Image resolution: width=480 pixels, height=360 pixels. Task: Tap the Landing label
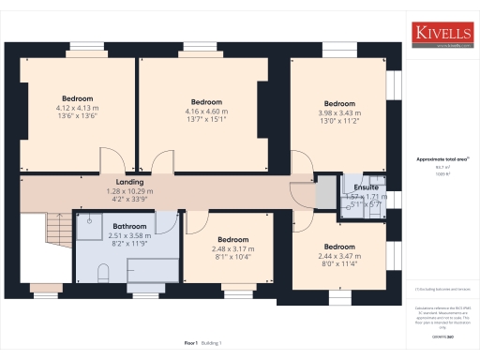click(x=129, y=182)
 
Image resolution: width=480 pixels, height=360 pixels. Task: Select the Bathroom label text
click(x=129, y=227)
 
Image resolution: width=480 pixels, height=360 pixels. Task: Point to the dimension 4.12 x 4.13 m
click(x=77, y=108)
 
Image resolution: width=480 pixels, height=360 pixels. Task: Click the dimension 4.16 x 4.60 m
click(x=206, y=112)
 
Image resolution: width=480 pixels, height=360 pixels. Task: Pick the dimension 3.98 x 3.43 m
click(x=339, y=112)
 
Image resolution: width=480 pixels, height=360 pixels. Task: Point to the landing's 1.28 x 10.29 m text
click(x=129, y=191)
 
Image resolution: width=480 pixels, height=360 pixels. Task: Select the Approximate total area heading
click(x=442, y=159)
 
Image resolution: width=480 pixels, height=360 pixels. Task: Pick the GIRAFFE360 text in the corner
click(x=442, y=334)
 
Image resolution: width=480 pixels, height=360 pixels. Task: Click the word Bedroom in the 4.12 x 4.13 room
click(x=77, y=98)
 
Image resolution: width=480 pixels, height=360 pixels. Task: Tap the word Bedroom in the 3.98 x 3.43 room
click(x=339, y=103)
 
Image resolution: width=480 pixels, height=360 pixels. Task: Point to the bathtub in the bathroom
click(x=150, y=270)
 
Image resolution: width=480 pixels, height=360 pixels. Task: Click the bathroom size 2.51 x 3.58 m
click(x=129, y=236)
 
